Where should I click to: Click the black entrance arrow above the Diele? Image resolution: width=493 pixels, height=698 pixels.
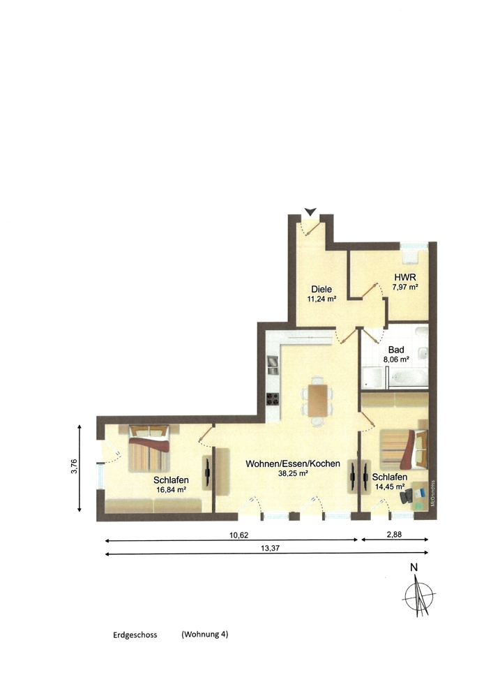pyautogui.click(x=310, y=211)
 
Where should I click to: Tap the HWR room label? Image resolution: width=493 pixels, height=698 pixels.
pyautogui.click(x=405, y=278)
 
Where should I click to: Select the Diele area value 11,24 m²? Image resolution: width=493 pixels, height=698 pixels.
pyautogui.click(x=321, y=299)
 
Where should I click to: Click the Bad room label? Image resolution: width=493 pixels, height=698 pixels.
pyautogui.click(x=395, y=350)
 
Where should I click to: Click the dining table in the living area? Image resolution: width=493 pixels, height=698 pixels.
pyautogui.click(x=317, y=400)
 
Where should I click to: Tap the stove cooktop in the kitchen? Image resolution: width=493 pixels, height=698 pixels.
pyautogui.click(x=272, y=399)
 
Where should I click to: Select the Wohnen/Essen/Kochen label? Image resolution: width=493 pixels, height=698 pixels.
pyautogui.click(x=293, y=464)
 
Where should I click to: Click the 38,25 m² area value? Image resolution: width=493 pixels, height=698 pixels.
pyautogui.click(x=293, y=474)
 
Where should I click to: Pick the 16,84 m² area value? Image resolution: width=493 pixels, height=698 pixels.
pyautogui.click(x=171, y=490)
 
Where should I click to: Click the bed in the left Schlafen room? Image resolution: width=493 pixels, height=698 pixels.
pyautogui.click(x=149, y=449)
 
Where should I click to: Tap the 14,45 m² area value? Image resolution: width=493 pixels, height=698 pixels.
pyautogui.click(x=390, y=487)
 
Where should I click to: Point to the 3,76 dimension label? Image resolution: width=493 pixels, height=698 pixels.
pyautogui.click(x=74, y=466)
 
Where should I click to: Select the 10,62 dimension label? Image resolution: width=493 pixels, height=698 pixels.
pyautogui.click(x=238, y=535)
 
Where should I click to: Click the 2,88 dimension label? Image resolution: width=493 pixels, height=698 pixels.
pyautogui.click(x=394, y=535)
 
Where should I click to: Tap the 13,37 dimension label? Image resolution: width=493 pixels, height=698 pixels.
pyautogui.click(x=271, y=549)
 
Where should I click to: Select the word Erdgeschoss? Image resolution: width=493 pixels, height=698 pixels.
pyautogui.click(x=135, y=635)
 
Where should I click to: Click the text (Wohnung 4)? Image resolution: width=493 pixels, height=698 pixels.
pyautogui.click(x=204, y=634)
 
